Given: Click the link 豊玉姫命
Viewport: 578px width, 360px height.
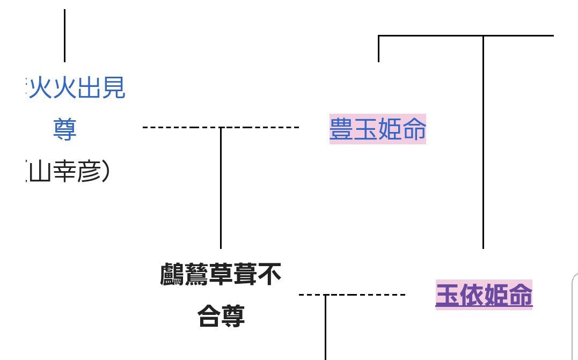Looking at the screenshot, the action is tap(377, 129).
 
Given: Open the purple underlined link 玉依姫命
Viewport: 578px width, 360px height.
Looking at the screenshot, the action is tap(484, 295).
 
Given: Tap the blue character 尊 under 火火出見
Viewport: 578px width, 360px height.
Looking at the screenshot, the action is tap(65, 129).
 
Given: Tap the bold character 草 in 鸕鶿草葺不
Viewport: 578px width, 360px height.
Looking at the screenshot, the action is tap(221, 275).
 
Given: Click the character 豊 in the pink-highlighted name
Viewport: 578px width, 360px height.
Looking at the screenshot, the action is tap(341, 129).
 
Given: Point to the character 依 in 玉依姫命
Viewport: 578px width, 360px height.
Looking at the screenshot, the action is tap(472, 295).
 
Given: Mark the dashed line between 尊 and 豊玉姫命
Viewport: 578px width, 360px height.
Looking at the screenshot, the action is tap(258, 128).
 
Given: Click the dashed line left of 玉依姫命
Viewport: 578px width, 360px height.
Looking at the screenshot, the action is tap(365, 295).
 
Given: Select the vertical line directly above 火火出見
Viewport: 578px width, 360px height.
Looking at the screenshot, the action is tap(65, 35).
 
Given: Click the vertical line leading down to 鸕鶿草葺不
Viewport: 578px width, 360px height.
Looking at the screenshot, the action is tap(221, 188).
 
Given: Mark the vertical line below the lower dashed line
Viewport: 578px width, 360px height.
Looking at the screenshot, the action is tap(325, 327).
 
